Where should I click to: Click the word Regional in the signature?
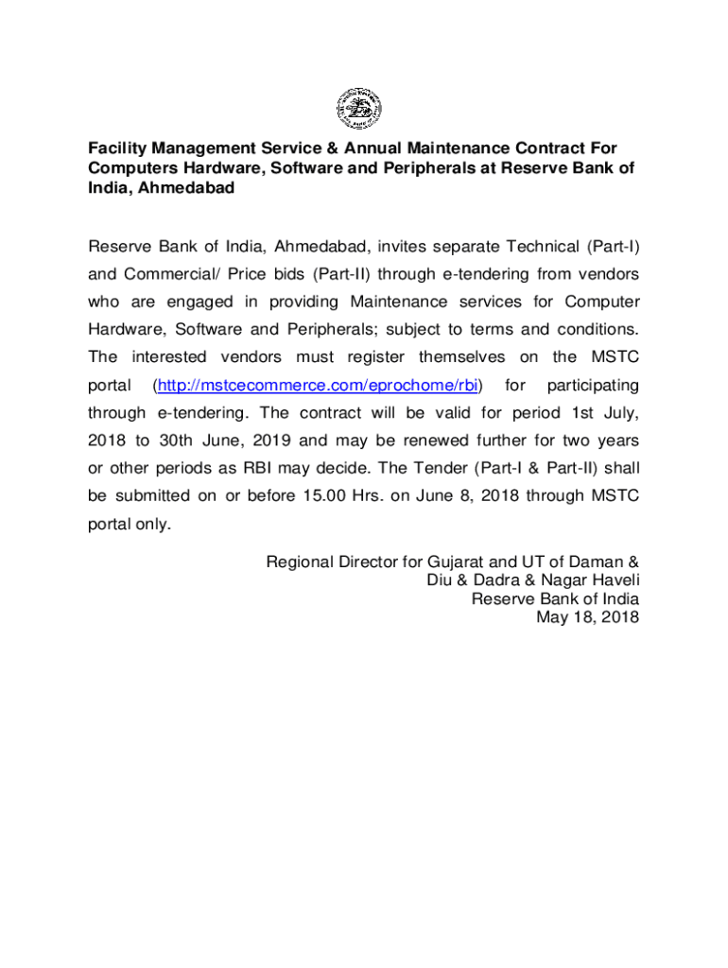click(x=299, y=562)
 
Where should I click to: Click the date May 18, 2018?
click(x=587, y=617)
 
